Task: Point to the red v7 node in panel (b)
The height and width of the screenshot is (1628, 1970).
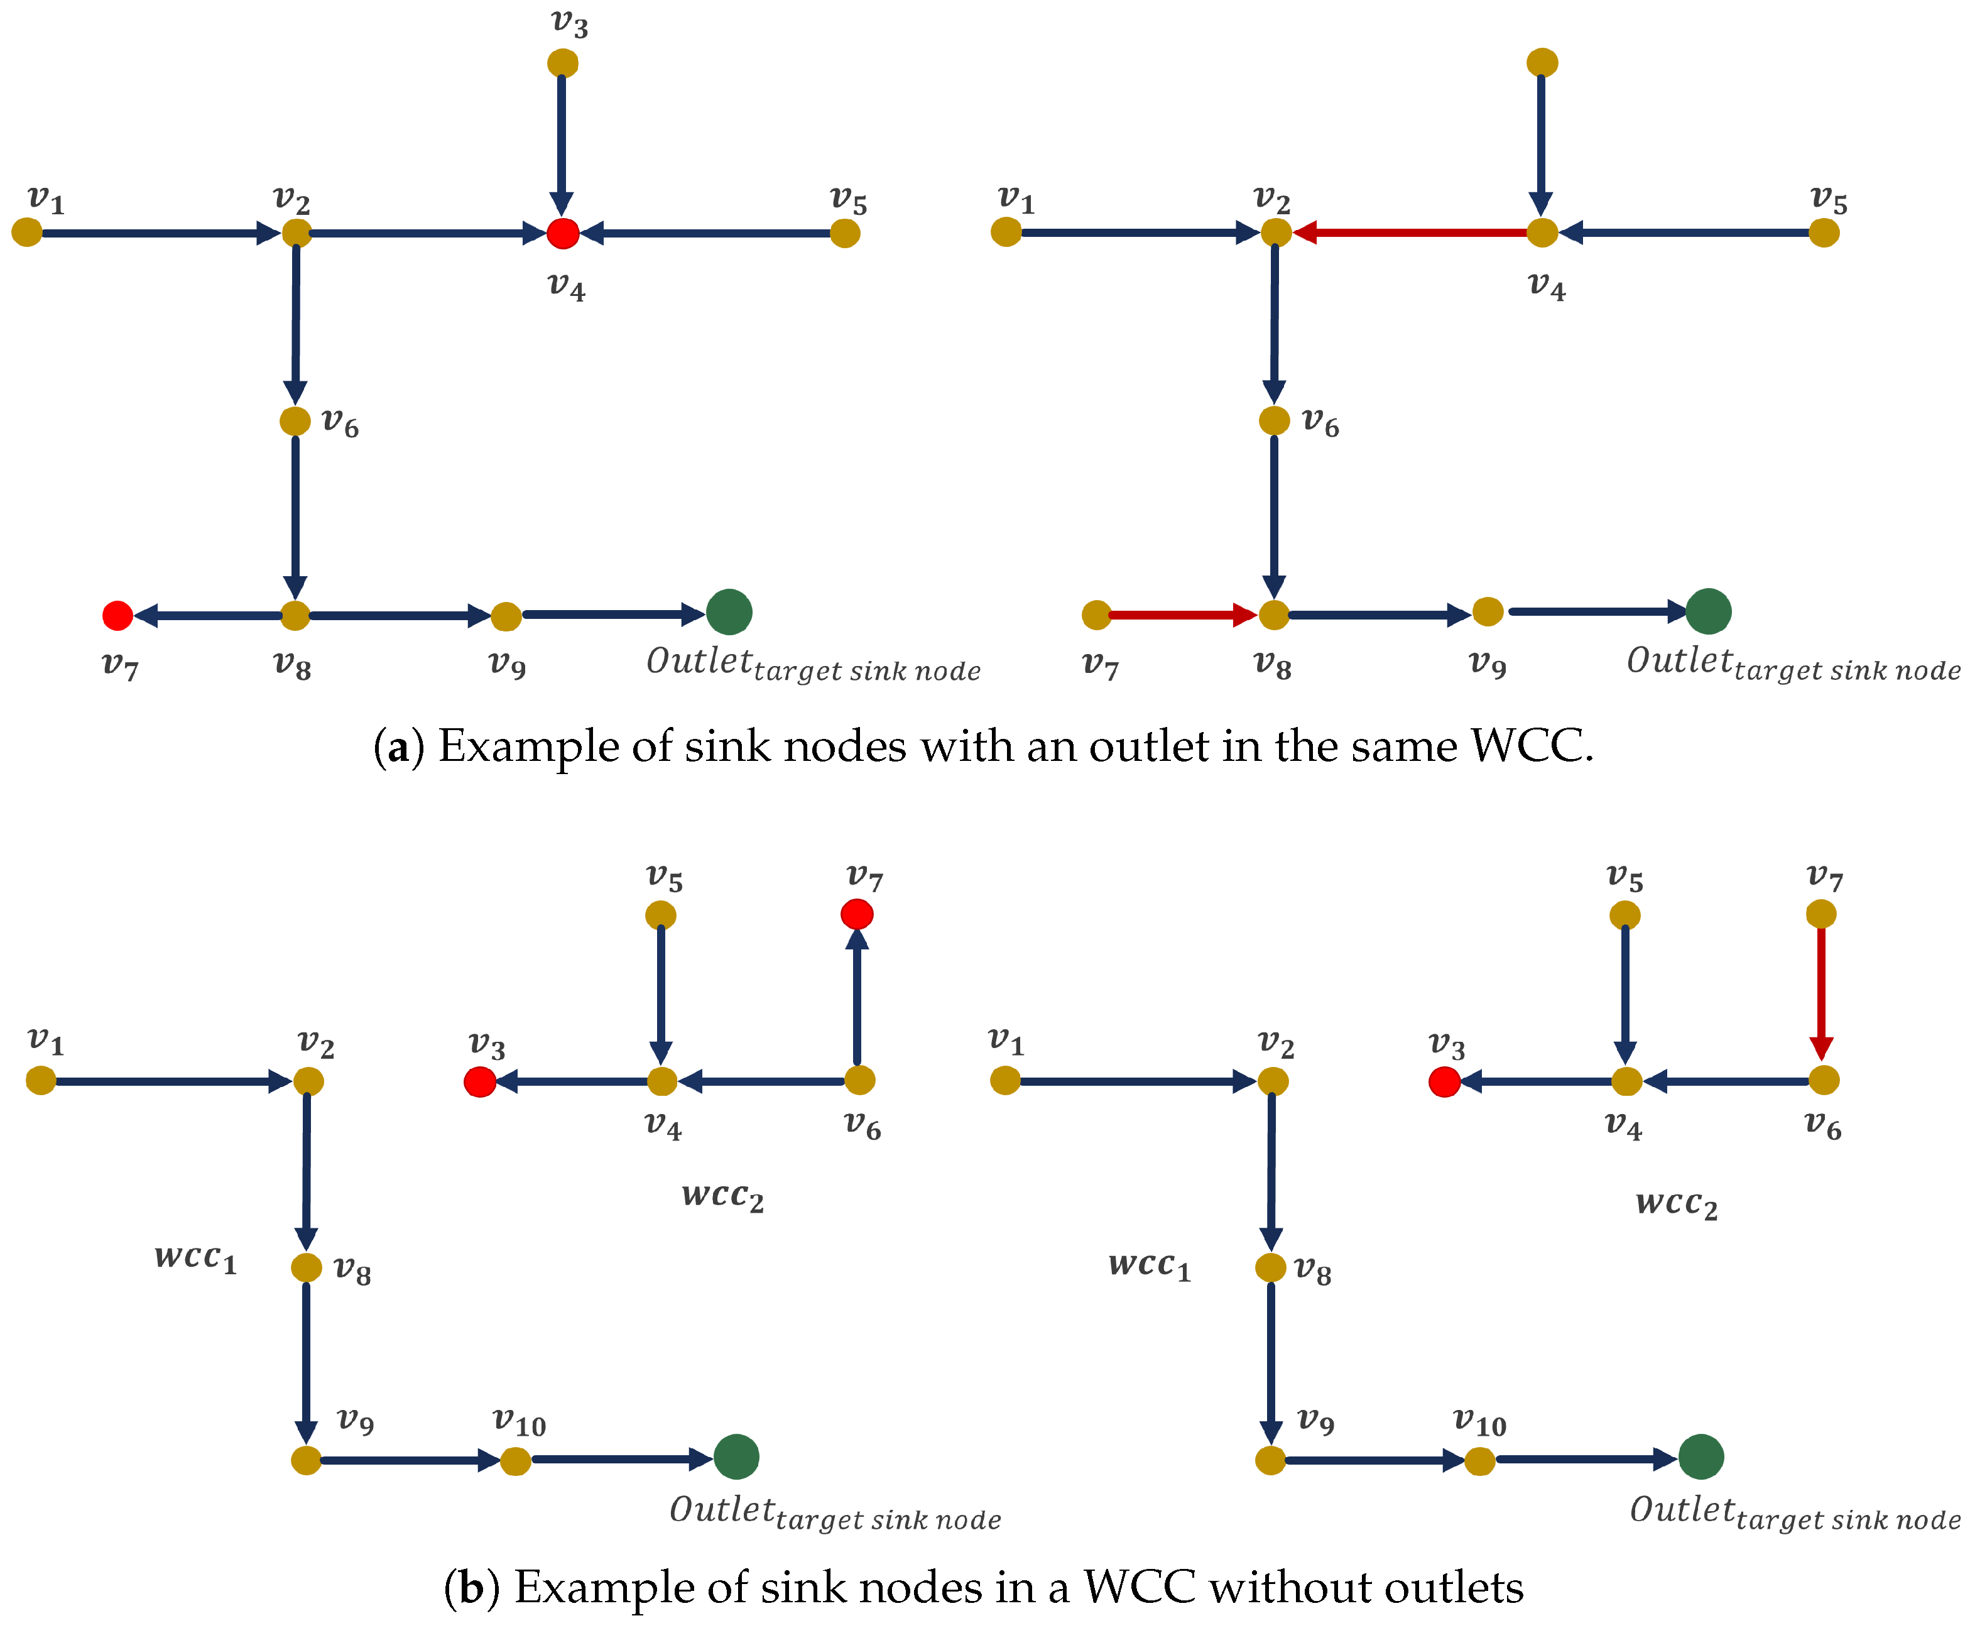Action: click(857, 914)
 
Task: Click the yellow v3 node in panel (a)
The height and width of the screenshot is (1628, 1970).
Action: click(563, 63)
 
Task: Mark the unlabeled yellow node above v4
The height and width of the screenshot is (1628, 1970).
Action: click(1542, 63)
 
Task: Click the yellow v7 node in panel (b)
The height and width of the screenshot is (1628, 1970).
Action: click(1821, 914)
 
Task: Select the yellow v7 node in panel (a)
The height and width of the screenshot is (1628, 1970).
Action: click(1096, 615)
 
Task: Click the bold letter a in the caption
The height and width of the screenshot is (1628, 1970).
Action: click(398, 748)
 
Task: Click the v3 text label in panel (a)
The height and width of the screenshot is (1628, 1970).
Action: click(569, 23)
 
